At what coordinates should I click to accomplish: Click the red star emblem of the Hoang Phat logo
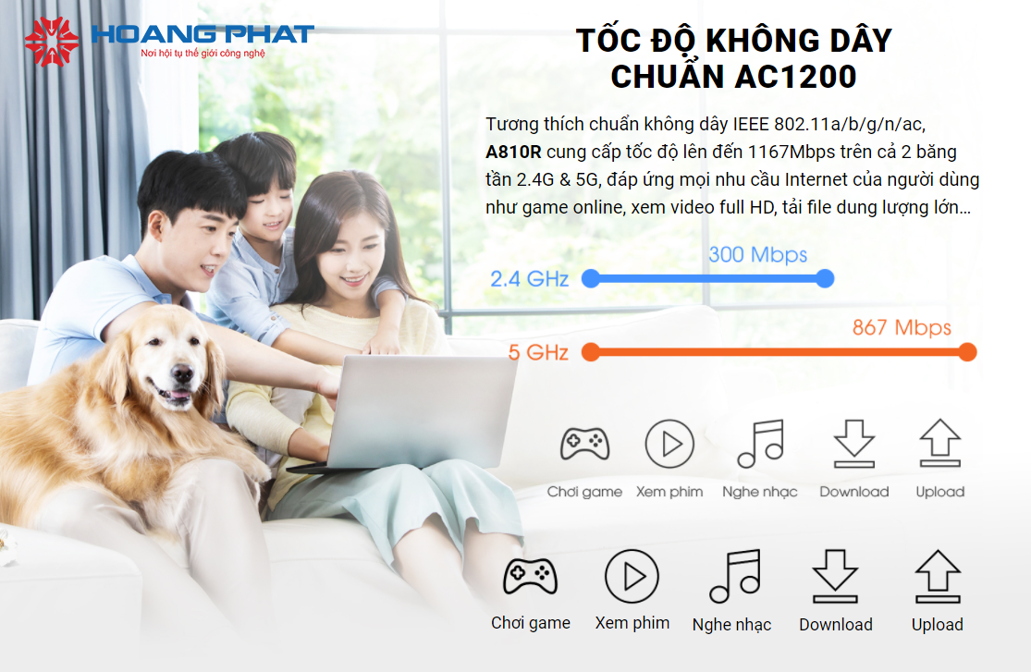click(51, 42)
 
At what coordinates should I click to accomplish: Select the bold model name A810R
click(513, 152)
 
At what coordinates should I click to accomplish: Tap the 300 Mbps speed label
click(757, 254)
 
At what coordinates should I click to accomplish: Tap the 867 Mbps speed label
click(902, 327)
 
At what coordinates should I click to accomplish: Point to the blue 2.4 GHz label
click(529, 279)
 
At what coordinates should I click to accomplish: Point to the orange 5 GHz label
click(538, 352)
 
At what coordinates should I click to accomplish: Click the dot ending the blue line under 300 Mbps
click(825, 279)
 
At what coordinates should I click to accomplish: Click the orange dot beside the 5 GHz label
click(591, 352)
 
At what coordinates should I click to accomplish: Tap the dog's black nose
click(182, 374)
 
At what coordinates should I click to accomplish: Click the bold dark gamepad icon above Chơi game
click(530, 577)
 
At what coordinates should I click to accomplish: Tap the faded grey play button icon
click(669, 444)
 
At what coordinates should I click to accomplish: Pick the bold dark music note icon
click(735, 576)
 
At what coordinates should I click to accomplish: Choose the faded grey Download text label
click(854, 492)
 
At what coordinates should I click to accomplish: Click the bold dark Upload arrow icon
click(938, 577)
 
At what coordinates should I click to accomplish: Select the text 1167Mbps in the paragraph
click(786, 152)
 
